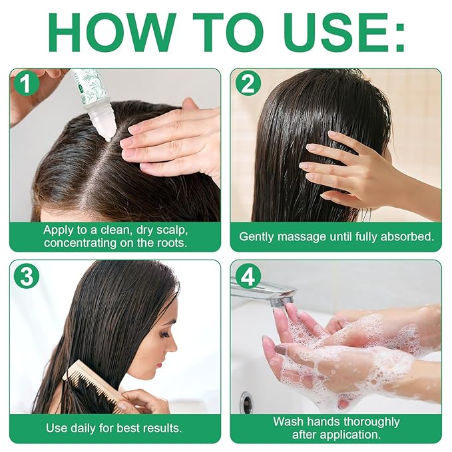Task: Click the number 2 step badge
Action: click(x=248, y=85)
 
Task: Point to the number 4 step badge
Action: click(x=248, y=276)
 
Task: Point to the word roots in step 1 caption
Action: click(x=168, y=243)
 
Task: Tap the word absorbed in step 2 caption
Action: click(x=407, y=236)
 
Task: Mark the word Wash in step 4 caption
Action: click(x=287, y=421)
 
